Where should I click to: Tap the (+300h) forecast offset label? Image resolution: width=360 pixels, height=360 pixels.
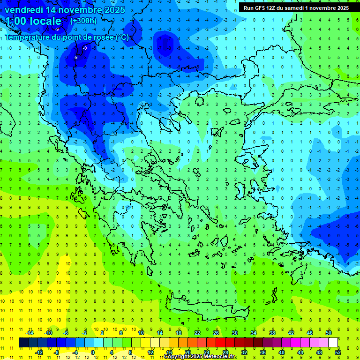83,21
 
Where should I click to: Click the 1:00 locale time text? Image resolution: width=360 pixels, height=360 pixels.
33,21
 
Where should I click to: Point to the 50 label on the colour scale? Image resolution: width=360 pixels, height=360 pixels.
329,333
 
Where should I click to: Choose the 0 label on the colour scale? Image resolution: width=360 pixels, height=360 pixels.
93,352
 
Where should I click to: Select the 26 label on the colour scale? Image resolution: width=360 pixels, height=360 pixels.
216,333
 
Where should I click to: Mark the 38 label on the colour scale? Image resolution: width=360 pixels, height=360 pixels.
272,333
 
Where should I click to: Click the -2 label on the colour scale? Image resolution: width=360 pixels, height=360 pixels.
84,333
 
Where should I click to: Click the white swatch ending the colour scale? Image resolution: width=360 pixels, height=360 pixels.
333,343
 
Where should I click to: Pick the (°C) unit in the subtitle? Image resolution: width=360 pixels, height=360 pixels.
121,37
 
